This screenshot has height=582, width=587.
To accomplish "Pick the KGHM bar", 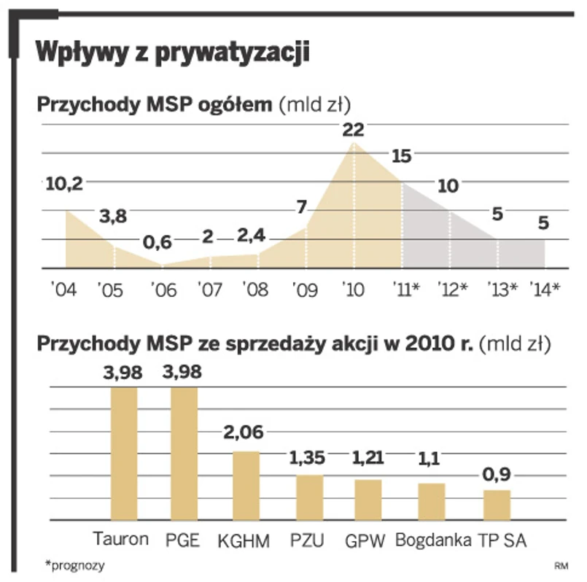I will [246, 485].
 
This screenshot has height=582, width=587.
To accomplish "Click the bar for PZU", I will [309, 497].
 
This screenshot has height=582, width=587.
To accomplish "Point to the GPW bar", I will [368, 500].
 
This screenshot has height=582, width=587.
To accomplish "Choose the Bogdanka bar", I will [432, 502].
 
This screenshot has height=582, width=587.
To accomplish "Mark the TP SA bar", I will [497, 505].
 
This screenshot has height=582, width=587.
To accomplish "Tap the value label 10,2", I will [64, 185].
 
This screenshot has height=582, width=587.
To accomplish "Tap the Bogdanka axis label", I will [432, 540].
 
